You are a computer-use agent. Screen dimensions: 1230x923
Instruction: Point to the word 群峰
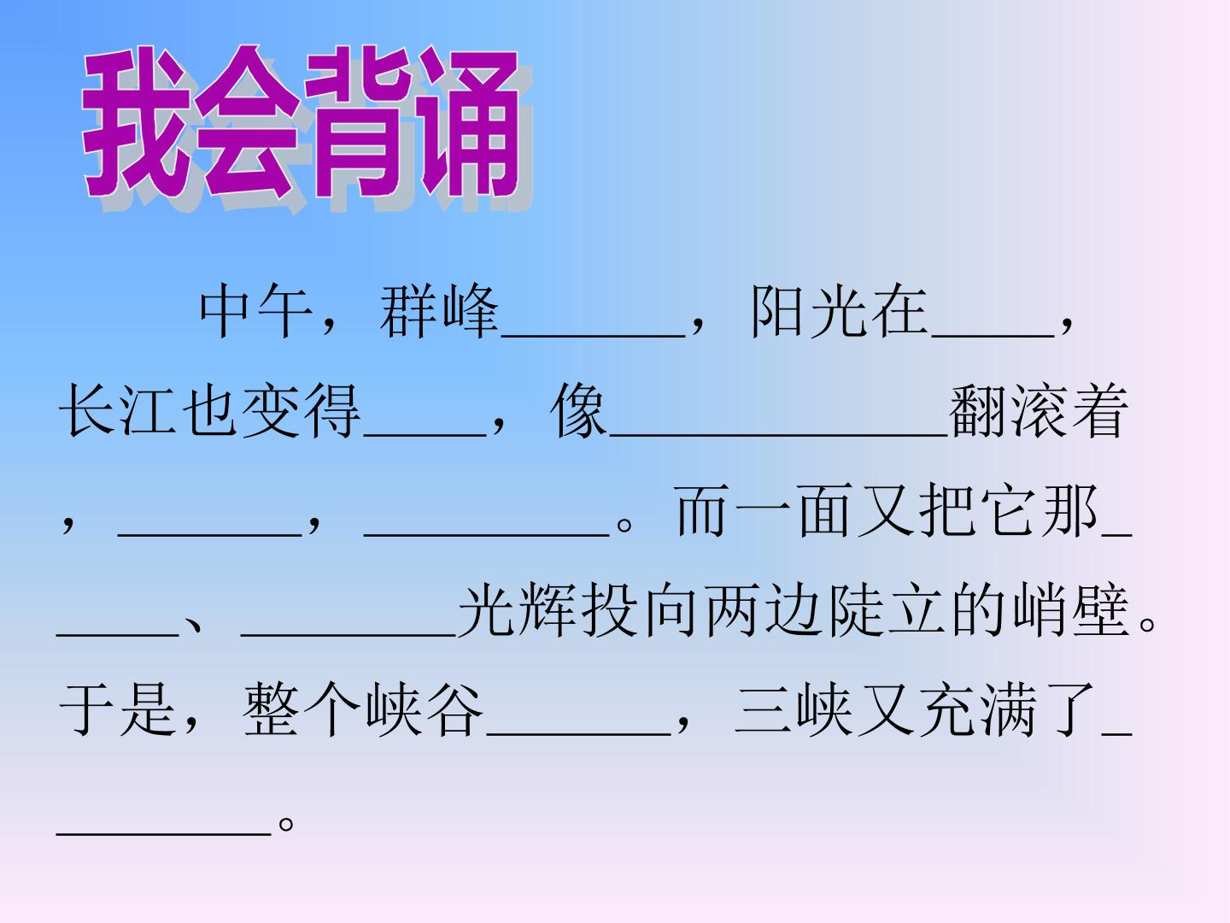439,310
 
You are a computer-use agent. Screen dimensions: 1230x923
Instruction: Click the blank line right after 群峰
593,336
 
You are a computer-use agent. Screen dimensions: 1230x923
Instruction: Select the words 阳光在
840,310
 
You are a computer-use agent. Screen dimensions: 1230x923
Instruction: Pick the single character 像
579,411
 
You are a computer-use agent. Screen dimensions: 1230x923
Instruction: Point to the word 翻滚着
1039,411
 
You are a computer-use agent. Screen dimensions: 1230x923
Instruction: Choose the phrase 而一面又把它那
887,510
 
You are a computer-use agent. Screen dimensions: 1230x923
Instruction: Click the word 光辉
517,610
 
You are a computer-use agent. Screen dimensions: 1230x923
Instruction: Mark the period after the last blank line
286,824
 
